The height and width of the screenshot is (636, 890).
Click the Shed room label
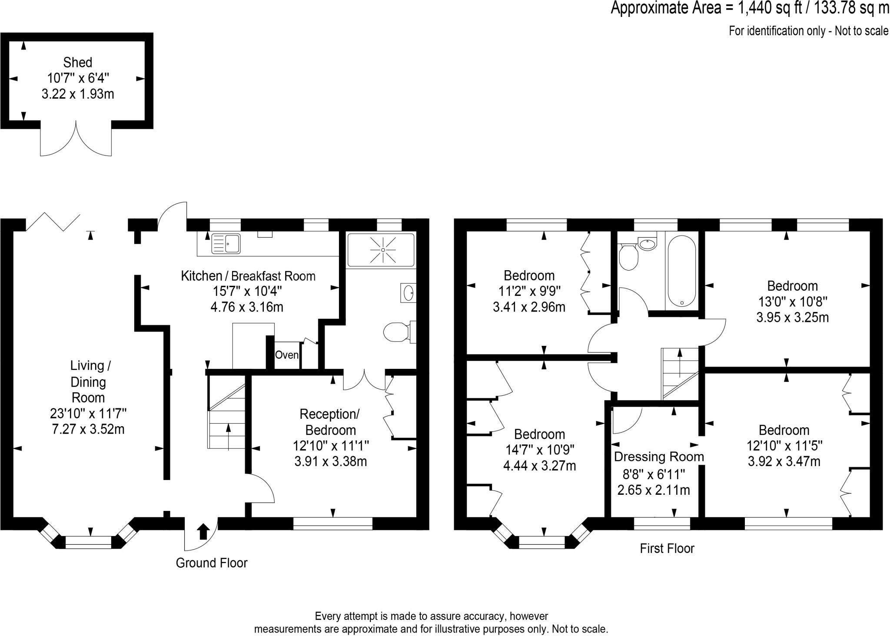click(78, 63)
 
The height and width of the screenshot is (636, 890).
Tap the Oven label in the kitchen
click(287, 355)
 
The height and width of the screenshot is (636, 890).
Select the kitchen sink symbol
click(226, 244)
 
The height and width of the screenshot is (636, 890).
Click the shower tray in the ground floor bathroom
click(381, 250)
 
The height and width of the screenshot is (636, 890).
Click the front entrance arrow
click(203, 531)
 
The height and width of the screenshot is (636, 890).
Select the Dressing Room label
click(659, 457)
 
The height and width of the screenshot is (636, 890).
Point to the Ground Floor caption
click(212, 563)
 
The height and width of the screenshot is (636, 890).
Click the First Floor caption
click(667, 549)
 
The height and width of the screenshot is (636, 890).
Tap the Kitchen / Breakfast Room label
click(248, 276)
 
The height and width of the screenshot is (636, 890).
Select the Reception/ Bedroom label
click(330, 422)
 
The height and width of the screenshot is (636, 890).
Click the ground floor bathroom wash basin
click(408, 293)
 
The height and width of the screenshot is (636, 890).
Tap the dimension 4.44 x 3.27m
click(540, 466)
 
